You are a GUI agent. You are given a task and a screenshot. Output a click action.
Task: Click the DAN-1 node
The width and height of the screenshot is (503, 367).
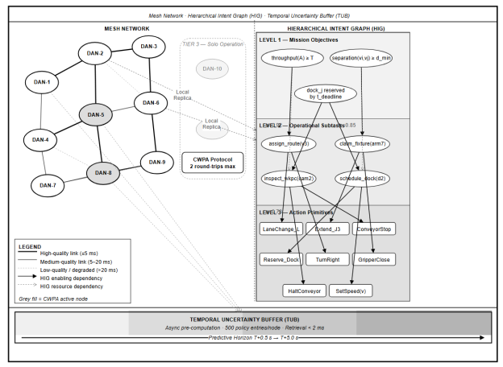[42, 82]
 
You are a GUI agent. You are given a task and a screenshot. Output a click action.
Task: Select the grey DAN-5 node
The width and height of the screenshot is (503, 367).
[96, 115]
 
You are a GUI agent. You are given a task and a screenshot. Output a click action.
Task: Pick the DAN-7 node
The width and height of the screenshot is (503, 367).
[48, 185]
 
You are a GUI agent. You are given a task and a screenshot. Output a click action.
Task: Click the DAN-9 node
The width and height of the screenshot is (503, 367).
[157, 162]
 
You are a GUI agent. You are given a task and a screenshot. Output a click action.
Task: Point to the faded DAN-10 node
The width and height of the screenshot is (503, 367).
[212, 69]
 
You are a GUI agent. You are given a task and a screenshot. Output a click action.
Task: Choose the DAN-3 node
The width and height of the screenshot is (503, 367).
[148, 47]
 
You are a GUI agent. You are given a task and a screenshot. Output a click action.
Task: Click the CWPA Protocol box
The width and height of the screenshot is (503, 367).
[211, 162]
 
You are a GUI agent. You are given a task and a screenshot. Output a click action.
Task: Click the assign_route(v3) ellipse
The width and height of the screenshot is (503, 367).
[289, 143]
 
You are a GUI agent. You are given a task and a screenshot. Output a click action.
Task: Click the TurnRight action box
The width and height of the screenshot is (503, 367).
[327, 260]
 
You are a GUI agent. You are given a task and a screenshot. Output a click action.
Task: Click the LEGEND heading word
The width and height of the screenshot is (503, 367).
[30, 245]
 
